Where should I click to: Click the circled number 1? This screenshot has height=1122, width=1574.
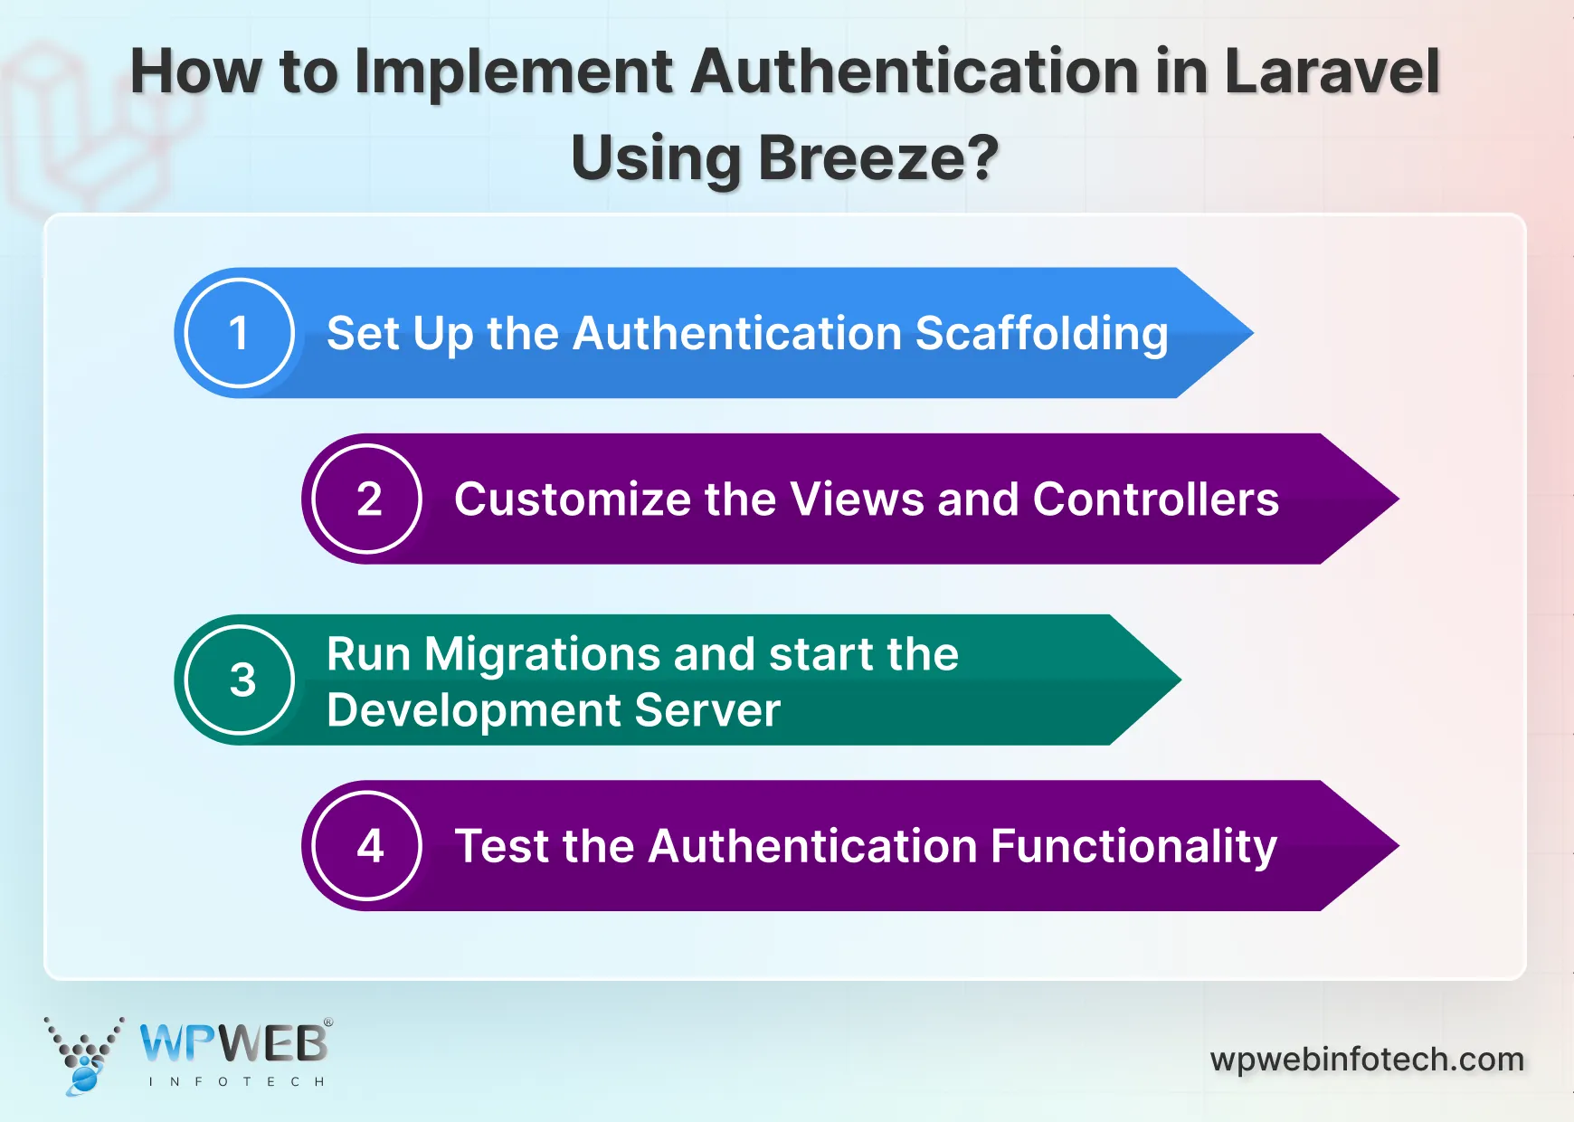coord(239,333)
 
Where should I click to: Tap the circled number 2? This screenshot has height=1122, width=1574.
coord(367,499)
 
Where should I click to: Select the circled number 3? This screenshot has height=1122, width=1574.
coord(241,680)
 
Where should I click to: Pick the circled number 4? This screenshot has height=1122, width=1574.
coord(368,846)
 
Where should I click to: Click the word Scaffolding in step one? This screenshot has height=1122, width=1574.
coord(1041,334)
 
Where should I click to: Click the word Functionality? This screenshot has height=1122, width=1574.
coord(1133,847)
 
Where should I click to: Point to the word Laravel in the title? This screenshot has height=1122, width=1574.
coord(1331,71)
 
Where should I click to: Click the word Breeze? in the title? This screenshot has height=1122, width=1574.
coord(877,157)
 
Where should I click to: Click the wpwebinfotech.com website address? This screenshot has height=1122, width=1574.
coord(1366,1060)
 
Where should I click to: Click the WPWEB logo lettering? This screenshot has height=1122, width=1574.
coord(233,1044)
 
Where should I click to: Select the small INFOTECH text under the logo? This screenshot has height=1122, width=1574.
coord(236,1081)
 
